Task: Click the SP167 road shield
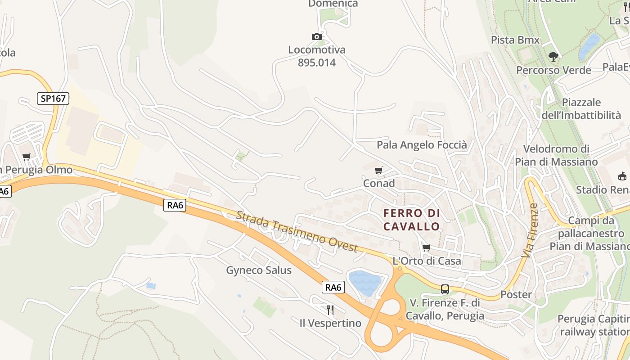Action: pos(53,99)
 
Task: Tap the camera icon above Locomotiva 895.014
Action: pos(317,37)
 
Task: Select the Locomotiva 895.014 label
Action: pos(317,56)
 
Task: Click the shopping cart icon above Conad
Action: pos(379,171)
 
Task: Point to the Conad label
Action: pos(379,183)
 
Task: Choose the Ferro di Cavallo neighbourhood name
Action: pos(411,220)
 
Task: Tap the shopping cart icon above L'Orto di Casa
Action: pos(427,247)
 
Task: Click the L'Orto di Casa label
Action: pos(427,261)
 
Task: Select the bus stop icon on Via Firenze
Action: pos(445,289)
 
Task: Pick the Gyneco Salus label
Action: pos(259,270)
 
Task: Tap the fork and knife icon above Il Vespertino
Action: pos(330,310)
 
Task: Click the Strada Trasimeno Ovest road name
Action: pos(297,232)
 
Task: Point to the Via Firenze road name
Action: pos(530,231)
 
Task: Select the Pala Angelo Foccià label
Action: pos(422,145)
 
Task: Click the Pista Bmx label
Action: pos(515,40)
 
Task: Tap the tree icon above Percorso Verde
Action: pos(553,57)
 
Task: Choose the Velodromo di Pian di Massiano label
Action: pos(556,155)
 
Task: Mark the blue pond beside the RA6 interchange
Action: pos(364,283)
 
